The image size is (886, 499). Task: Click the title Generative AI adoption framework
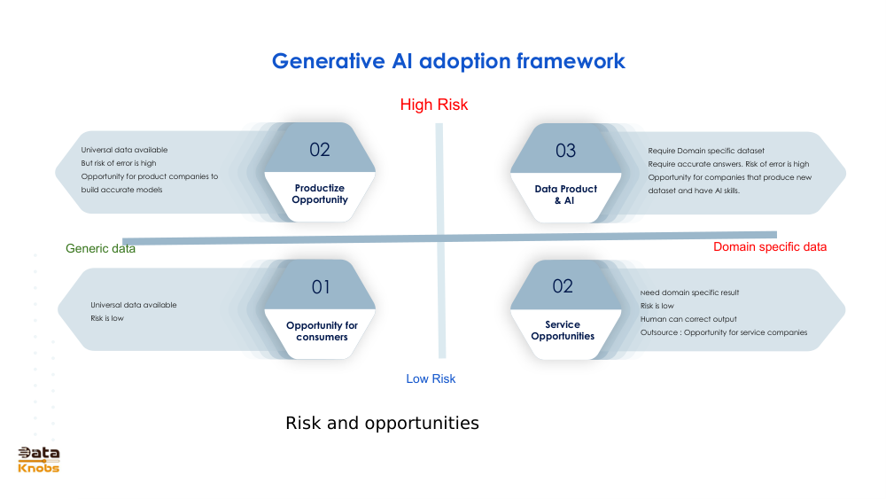(448, 61)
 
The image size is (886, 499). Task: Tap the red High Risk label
(433, 105)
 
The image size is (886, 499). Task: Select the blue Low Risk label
(431, 378)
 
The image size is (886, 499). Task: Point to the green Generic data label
(100, 249)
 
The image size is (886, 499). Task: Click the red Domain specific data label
(769, 246)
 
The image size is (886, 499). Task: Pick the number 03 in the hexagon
(565, 151)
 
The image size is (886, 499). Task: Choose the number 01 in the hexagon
(321, 287)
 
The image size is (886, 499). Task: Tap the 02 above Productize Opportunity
(320, 150)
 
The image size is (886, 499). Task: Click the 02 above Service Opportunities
(563, 286)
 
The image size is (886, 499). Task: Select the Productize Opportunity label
(320, 194)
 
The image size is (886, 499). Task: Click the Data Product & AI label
(565, 194)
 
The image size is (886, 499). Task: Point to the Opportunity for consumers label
(322, 331)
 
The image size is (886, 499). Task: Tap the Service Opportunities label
(563, 330)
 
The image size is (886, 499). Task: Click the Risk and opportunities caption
(382, 423)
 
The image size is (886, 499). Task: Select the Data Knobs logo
(39, 459)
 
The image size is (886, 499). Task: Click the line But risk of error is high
(119, 163)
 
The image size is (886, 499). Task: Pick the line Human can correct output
(688, 319)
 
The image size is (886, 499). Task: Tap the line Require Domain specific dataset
(706, 151)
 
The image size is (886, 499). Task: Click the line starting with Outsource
(723, 332)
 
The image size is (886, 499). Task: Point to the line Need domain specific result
(689, 292)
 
